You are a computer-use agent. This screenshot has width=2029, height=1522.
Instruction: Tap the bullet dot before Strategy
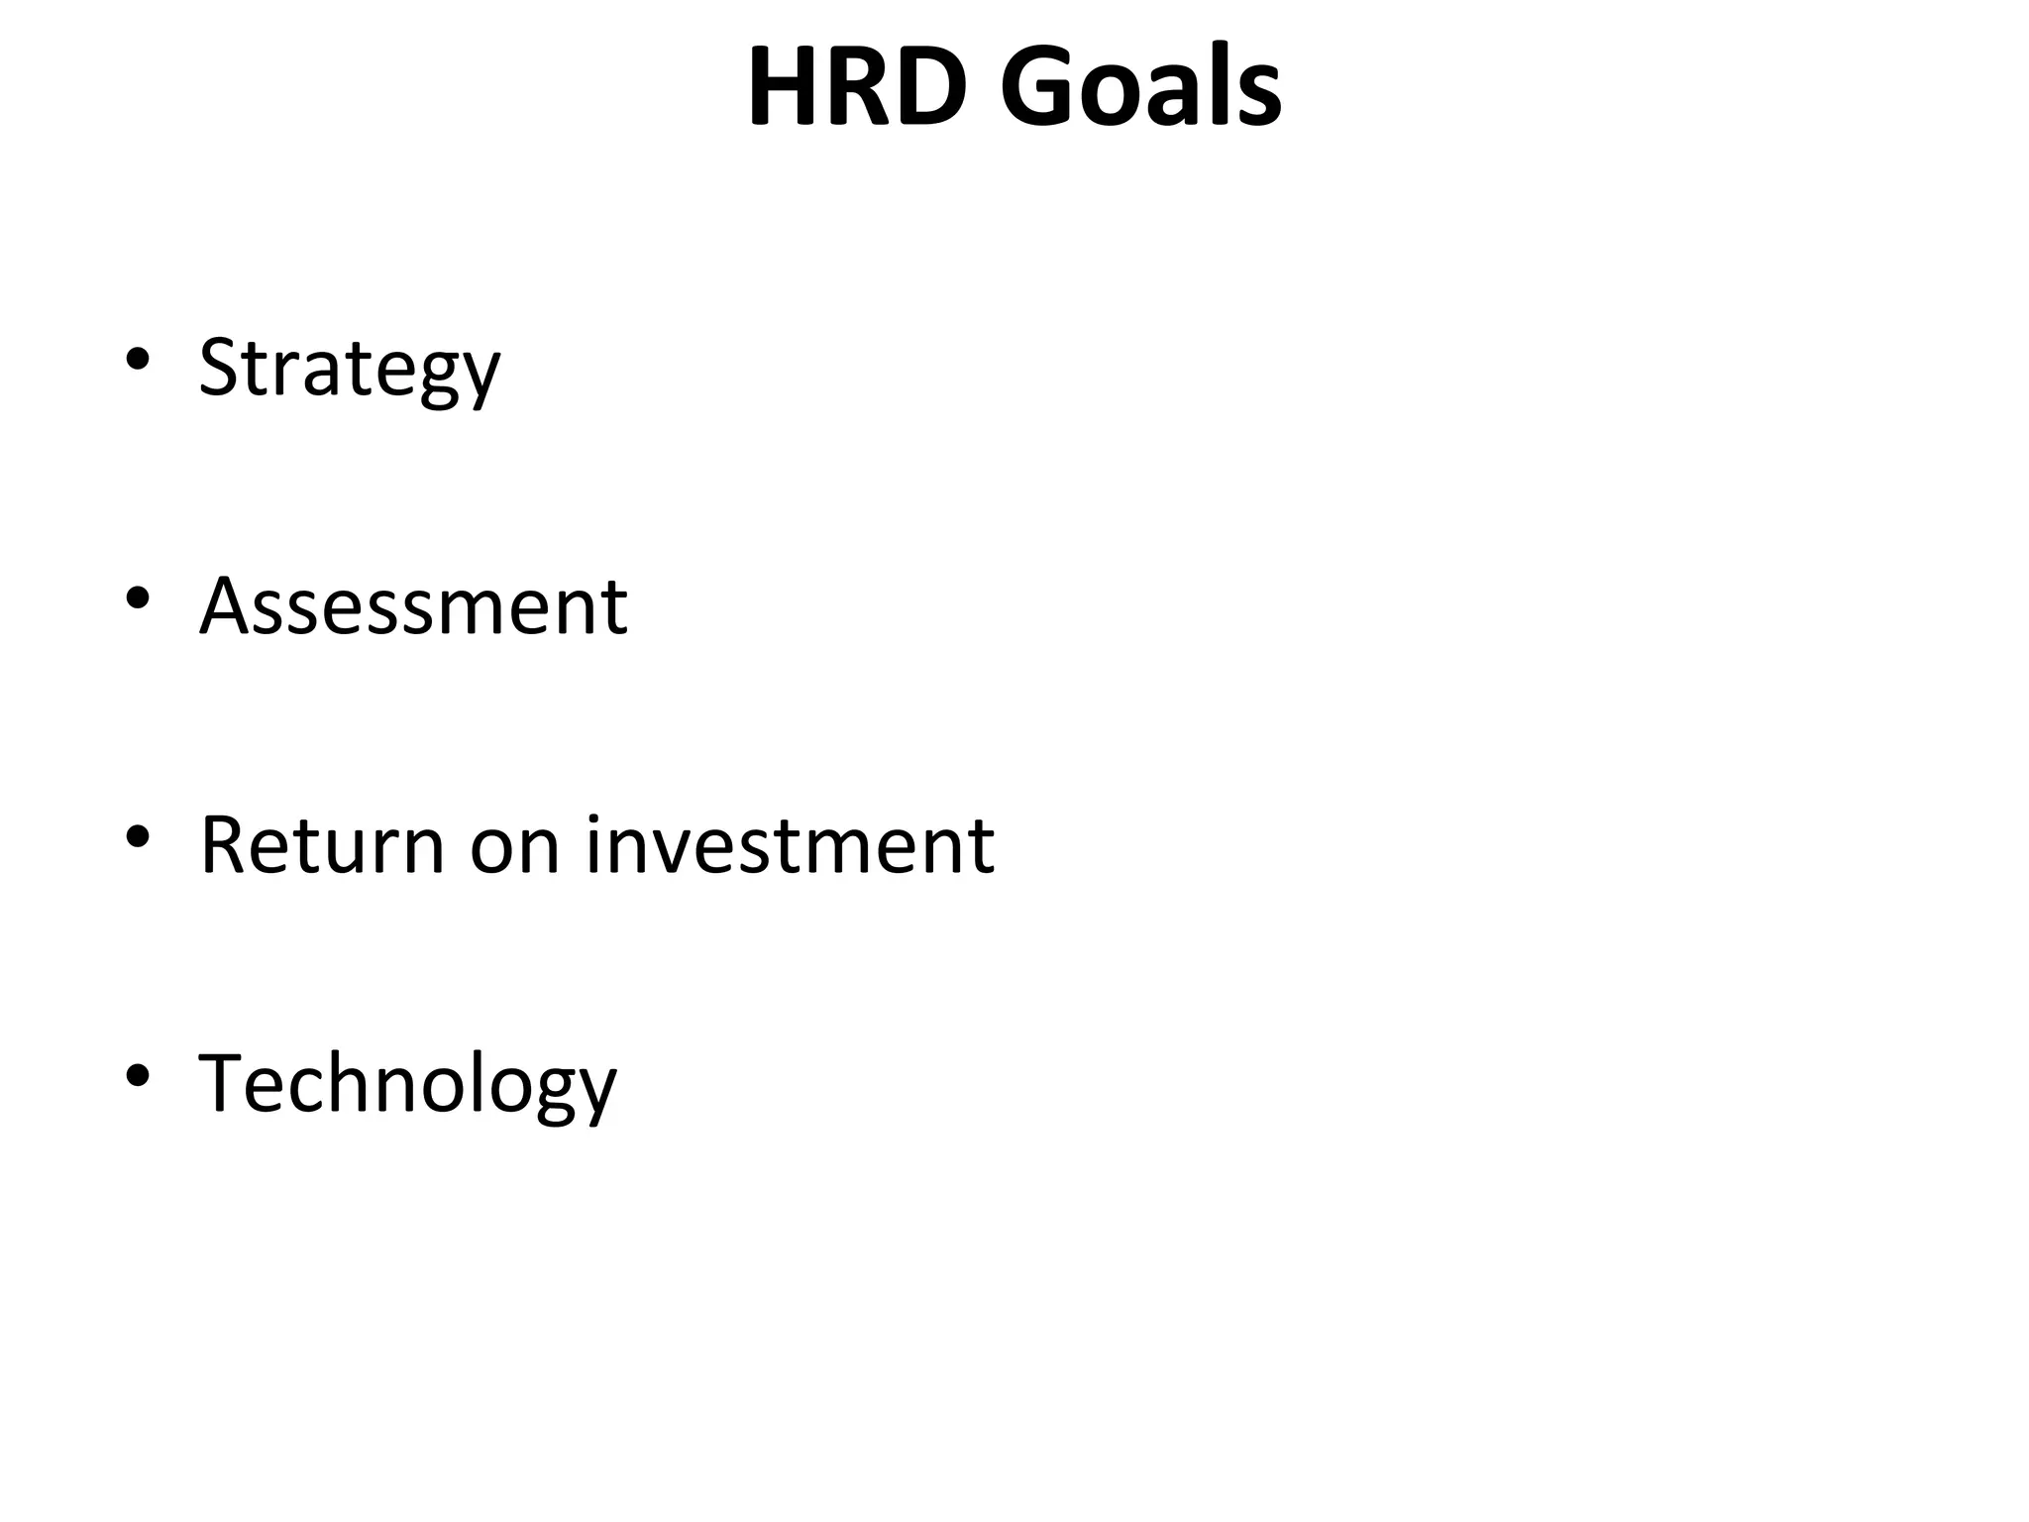tap(138, 359)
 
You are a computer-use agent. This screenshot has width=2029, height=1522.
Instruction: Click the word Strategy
tap(350, 368)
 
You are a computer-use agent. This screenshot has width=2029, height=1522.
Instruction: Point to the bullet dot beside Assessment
tap(138, 598)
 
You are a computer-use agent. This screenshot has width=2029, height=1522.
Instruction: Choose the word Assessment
tap(413, 606)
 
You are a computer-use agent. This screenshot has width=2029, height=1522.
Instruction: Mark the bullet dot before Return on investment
tap(138, 837)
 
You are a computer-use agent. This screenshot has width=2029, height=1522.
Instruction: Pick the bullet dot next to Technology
tap(138, 1075)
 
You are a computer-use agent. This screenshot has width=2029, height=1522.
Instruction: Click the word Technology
tap(407, 1085)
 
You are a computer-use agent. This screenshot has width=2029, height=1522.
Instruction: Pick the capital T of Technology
tap(222, 1083)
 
